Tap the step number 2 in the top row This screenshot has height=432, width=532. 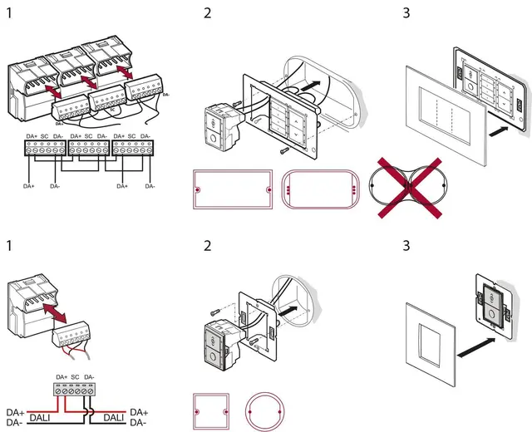pyautogui.click(x=208, y=13)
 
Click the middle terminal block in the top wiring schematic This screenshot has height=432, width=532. pyautogui.click(x=88, y=147)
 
